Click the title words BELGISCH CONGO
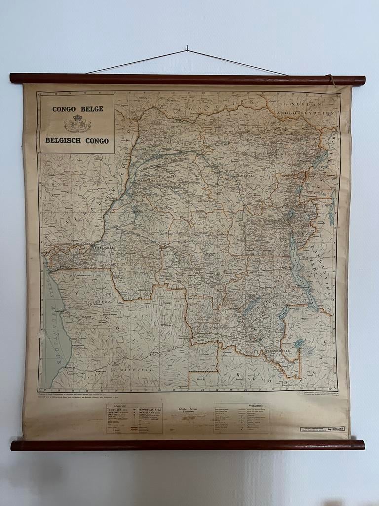(x=77, y=140)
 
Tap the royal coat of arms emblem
(x=77, y=124)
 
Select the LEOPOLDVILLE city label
(x=101, y=246)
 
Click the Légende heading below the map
(x=120, y=406)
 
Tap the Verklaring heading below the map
(x=255, y=405)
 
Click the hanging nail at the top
(x=187, y=48)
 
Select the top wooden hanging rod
(x=188, y=79)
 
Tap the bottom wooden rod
(x=188, y=445)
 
